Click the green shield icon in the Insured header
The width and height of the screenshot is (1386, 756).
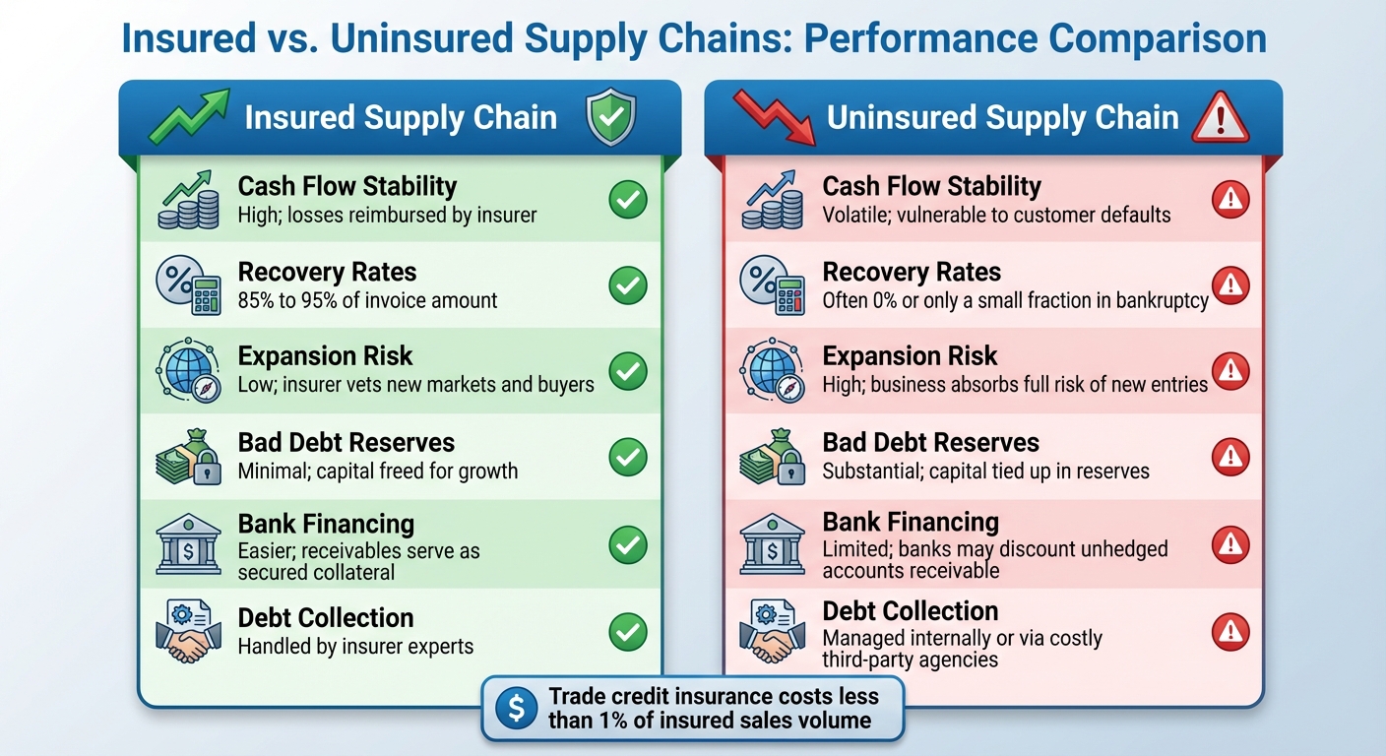click(x=610, y=120)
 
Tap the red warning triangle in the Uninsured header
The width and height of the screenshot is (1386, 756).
click(x=1220, y=120)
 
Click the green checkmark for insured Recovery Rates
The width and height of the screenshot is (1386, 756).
click(x=627, y=285)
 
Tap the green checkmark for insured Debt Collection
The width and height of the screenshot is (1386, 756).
click(x=627, y=632)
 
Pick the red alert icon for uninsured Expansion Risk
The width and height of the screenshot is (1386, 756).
click(x=1229, y=371)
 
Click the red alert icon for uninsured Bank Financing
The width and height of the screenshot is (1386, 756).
click(x=1229, y=544)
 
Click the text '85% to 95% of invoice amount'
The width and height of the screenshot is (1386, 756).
click(x=368, y=301)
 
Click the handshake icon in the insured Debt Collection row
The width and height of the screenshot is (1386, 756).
click(x=187, y=631)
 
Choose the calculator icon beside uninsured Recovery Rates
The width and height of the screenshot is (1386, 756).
click(x=771, y=285)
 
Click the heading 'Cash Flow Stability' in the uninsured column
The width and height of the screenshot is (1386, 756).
click(x=931, y=186)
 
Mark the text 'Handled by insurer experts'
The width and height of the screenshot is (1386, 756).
click(x=355, y=647)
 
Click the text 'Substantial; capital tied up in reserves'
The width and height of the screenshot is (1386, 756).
click(x=985, y=471)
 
